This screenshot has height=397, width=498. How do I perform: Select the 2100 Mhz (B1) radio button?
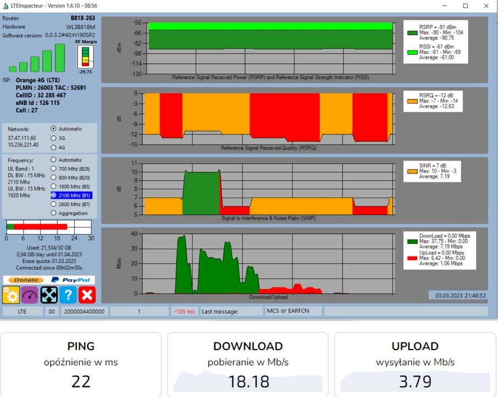click(x=53, y=195)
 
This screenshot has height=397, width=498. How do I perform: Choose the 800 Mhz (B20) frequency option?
click(x=53, y=177)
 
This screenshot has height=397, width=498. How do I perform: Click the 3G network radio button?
click(x=53, y=138)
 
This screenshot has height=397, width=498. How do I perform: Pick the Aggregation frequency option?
click(x=53, y=213)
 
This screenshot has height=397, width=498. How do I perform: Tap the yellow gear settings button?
click(x=11, y=295)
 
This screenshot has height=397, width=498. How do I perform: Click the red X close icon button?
click(x=87, y=295)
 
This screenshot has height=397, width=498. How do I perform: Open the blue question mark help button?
click(x=68, y=295)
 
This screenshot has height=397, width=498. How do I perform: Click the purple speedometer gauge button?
click(x=30, y=295)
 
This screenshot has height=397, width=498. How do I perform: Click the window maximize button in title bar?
click(x=466, y=6)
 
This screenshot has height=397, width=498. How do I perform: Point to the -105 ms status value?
click(x=184, y=312)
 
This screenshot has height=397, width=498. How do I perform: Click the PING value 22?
click(x=81, y=382)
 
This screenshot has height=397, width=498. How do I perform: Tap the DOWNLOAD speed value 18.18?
click(x=248, y=382)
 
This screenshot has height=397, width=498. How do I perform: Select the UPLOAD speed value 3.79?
click(x=415, y=382)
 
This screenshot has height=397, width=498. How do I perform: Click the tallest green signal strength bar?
click(x=60, y=58)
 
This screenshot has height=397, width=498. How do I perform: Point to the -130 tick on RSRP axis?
click(x=136, y=74)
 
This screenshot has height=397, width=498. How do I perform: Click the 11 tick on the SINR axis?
click(x=134, y=164)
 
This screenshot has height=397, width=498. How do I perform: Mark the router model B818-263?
click(x=83, y=18)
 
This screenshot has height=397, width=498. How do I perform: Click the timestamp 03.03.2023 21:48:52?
click(x=460, y=296)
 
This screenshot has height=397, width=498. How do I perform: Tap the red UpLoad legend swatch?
click(x=412, y=258)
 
